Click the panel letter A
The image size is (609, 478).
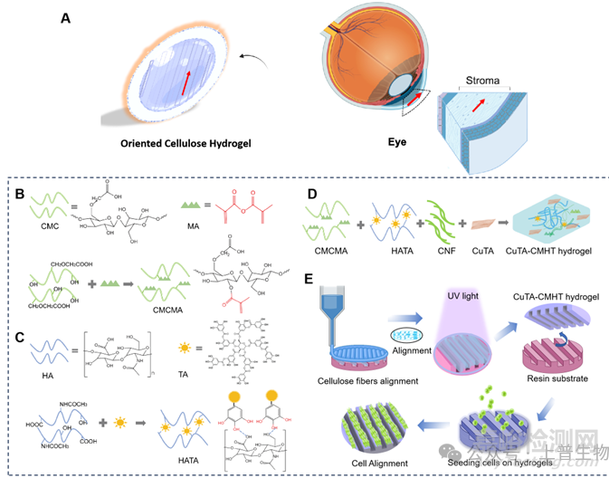point(67,17)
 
